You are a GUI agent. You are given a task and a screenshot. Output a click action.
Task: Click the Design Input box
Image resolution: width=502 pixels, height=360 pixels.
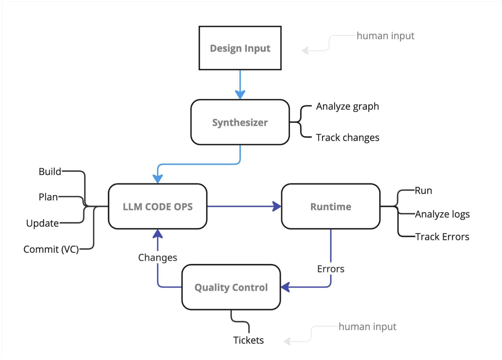pyautogui.click(x=240, y=48)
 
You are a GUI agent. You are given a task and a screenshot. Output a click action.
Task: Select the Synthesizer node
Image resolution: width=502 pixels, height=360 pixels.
pyautogui.click(x=240, y=122)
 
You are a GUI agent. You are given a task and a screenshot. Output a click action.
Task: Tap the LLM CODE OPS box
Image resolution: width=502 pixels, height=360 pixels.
pyautogui.click(x=157, y=207)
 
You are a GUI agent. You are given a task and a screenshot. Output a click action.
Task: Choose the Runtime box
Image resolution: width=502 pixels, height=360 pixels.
pyautogui.click(x=331, y=207)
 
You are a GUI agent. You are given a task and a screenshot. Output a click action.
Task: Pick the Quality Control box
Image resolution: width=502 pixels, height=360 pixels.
pyautogui.click(x=231, y=287)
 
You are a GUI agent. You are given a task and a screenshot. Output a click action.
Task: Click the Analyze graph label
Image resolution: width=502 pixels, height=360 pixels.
pyautogui.click(x=347, y=107)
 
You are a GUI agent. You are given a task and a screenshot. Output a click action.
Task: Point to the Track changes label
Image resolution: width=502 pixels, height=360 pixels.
pyautogui.click(x=347, y=138)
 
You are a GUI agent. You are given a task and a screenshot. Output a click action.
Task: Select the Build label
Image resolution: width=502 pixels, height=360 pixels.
pyautogui.click(x=50, y=172)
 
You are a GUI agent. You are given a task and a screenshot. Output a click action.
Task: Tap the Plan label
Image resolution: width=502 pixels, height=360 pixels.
pyautogui.click(x=49, y=197)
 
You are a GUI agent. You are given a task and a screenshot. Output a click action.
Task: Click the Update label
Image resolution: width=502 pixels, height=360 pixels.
pyautogui.click(x=43, y=223)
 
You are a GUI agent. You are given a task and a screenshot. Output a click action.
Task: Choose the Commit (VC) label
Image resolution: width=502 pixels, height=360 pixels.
pyautogui.click(x=51, y=249)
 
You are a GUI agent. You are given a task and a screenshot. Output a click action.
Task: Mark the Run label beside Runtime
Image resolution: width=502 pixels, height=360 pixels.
pyautogui.click(x=423, y=191)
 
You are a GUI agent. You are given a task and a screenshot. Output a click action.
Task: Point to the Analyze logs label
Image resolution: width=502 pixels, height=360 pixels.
pyautogui.click(x=442, y=214)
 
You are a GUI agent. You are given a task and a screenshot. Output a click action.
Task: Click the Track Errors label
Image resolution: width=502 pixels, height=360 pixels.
pyautogui.click(x=442, y=237)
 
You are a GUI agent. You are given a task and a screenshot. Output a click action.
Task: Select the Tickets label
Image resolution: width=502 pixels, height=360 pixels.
pyautogui.click(x=248, y=340)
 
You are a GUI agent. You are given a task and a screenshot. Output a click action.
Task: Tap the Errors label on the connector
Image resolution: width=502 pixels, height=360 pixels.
pyautogui.click(x=331, y=269)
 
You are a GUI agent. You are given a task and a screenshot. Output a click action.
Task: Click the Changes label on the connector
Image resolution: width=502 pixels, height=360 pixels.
pyautogui.click(x=157, y=257)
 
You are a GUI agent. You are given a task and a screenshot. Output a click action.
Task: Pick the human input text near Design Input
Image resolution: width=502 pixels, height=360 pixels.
pyautogui.click(x=385, y=36)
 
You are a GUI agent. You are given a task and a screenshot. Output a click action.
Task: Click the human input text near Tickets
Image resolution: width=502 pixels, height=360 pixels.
pyautogui.click(x=367, y=327)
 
